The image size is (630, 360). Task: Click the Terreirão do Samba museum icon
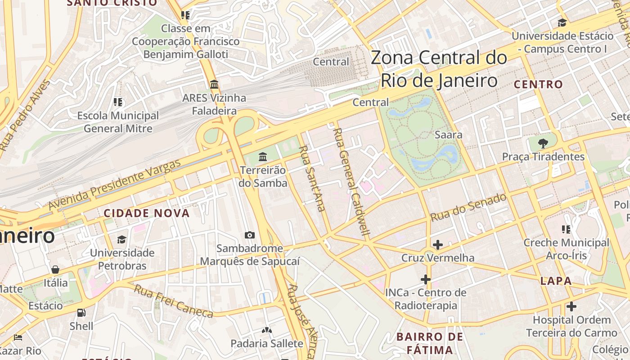pyautogui.click(x=263, y=157)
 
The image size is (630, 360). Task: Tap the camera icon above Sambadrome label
pyautogui.click(x=249, y=235)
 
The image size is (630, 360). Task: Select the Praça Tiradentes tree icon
pyautogui.click(x=543, y=144)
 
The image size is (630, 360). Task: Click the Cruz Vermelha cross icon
pyautogui.click(x=437, y=245)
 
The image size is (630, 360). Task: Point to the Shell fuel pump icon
pyautogui.click(x=81, y=312)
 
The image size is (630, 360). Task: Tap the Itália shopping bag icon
pyautogui.click(x=55, y=270)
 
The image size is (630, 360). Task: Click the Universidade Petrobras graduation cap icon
pyautogui.click(x=122, y=239)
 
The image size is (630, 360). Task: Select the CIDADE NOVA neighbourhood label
pyautogui.click(x=147, y=213)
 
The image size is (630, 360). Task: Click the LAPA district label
pyautogui.click(x=556, y=281)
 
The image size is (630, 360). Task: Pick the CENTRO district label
pyautogui.click(x=538, y=84)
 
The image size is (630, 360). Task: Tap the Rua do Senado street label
pyautogui.click(x=468, y=207)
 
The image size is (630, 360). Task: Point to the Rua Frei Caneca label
pyautogui.click(x=173, y=301)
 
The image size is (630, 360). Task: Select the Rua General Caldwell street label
pyautogui.click(x=352, y=182)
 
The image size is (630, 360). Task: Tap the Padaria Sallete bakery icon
pyautogui.click(x=267, y=330)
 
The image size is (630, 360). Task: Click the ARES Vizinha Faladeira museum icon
pyautogui.click(x=214, y=84)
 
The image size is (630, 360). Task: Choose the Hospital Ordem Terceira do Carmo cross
pyautogui.click(x=571, y=306)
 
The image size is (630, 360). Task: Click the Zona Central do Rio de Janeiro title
pyautogui.click(x=439, y=69)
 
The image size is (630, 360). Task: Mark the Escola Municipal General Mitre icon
pyautogui.click(x=118, y=102)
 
